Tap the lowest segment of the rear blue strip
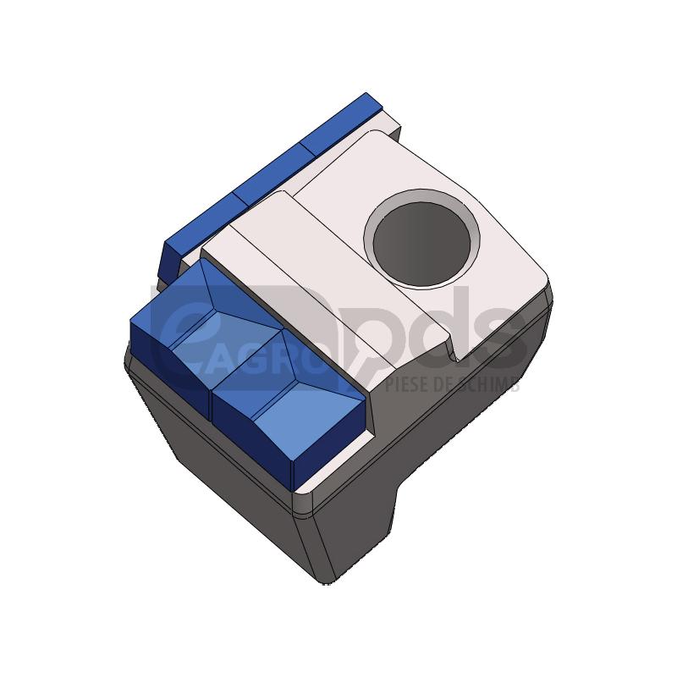coord(199,233)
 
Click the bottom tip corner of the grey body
coord(326,582)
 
